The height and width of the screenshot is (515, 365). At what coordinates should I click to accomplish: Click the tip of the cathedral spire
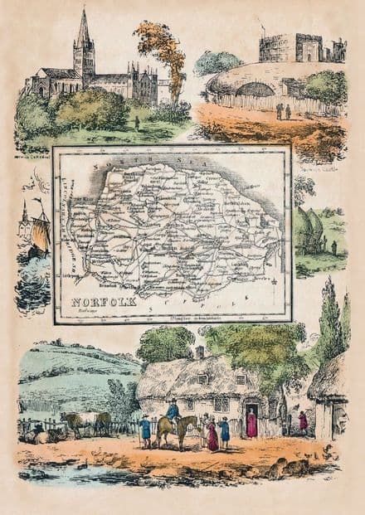pos(83,12)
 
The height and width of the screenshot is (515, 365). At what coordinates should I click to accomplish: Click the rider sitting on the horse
pos(174,411)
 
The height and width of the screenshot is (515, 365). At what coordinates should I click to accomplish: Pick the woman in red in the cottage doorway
pos(251,424)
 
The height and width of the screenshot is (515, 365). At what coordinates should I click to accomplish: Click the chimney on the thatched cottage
pos(199,353)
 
